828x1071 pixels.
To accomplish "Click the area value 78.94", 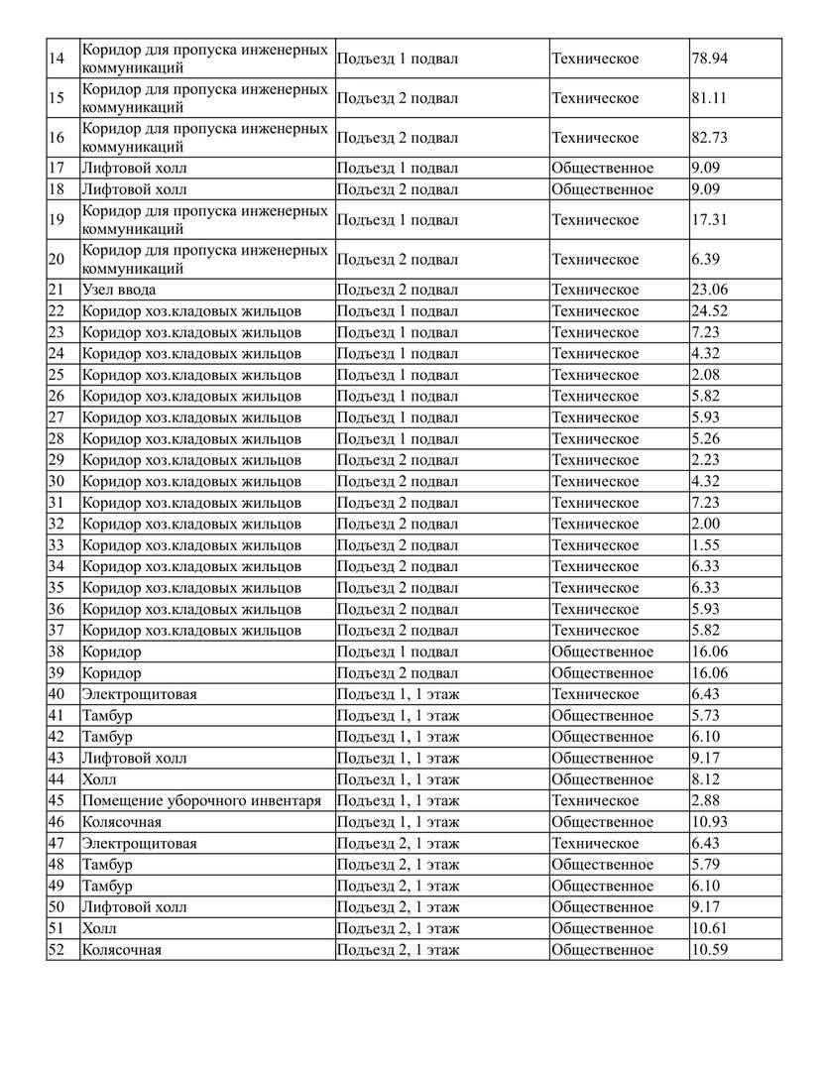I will click(709, 59).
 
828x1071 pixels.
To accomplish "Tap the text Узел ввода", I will click(119, 291).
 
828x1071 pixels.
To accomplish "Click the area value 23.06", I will click(709, 291).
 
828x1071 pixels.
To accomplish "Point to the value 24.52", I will click(709, 311).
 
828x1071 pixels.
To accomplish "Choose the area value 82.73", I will click(709, 138).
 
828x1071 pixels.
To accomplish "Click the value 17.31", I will click(709, 220).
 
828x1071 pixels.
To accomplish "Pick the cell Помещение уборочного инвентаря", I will click(201, 801).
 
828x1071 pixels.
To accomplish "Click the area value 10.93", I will click(709, 822).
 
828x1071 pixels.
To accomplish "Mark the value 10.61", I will click(709, 929).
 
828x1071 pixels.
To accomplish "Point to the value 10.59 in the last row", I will click(709, 950).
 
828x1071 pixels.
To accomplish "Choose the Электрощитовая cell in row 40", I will click(139, 694).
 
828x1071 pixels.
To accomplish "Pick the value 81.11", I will click(709, 99).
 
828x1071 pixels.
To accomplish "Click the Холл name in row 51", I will click(99, 929).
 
